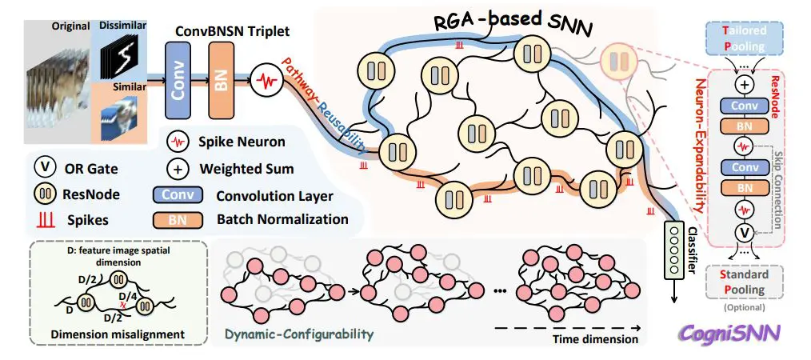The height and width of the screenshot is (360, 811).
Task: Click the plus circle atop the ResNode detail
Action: point(744,84)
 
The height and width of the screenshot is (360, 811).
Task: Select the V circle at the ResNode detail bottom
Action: point(744,233)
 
